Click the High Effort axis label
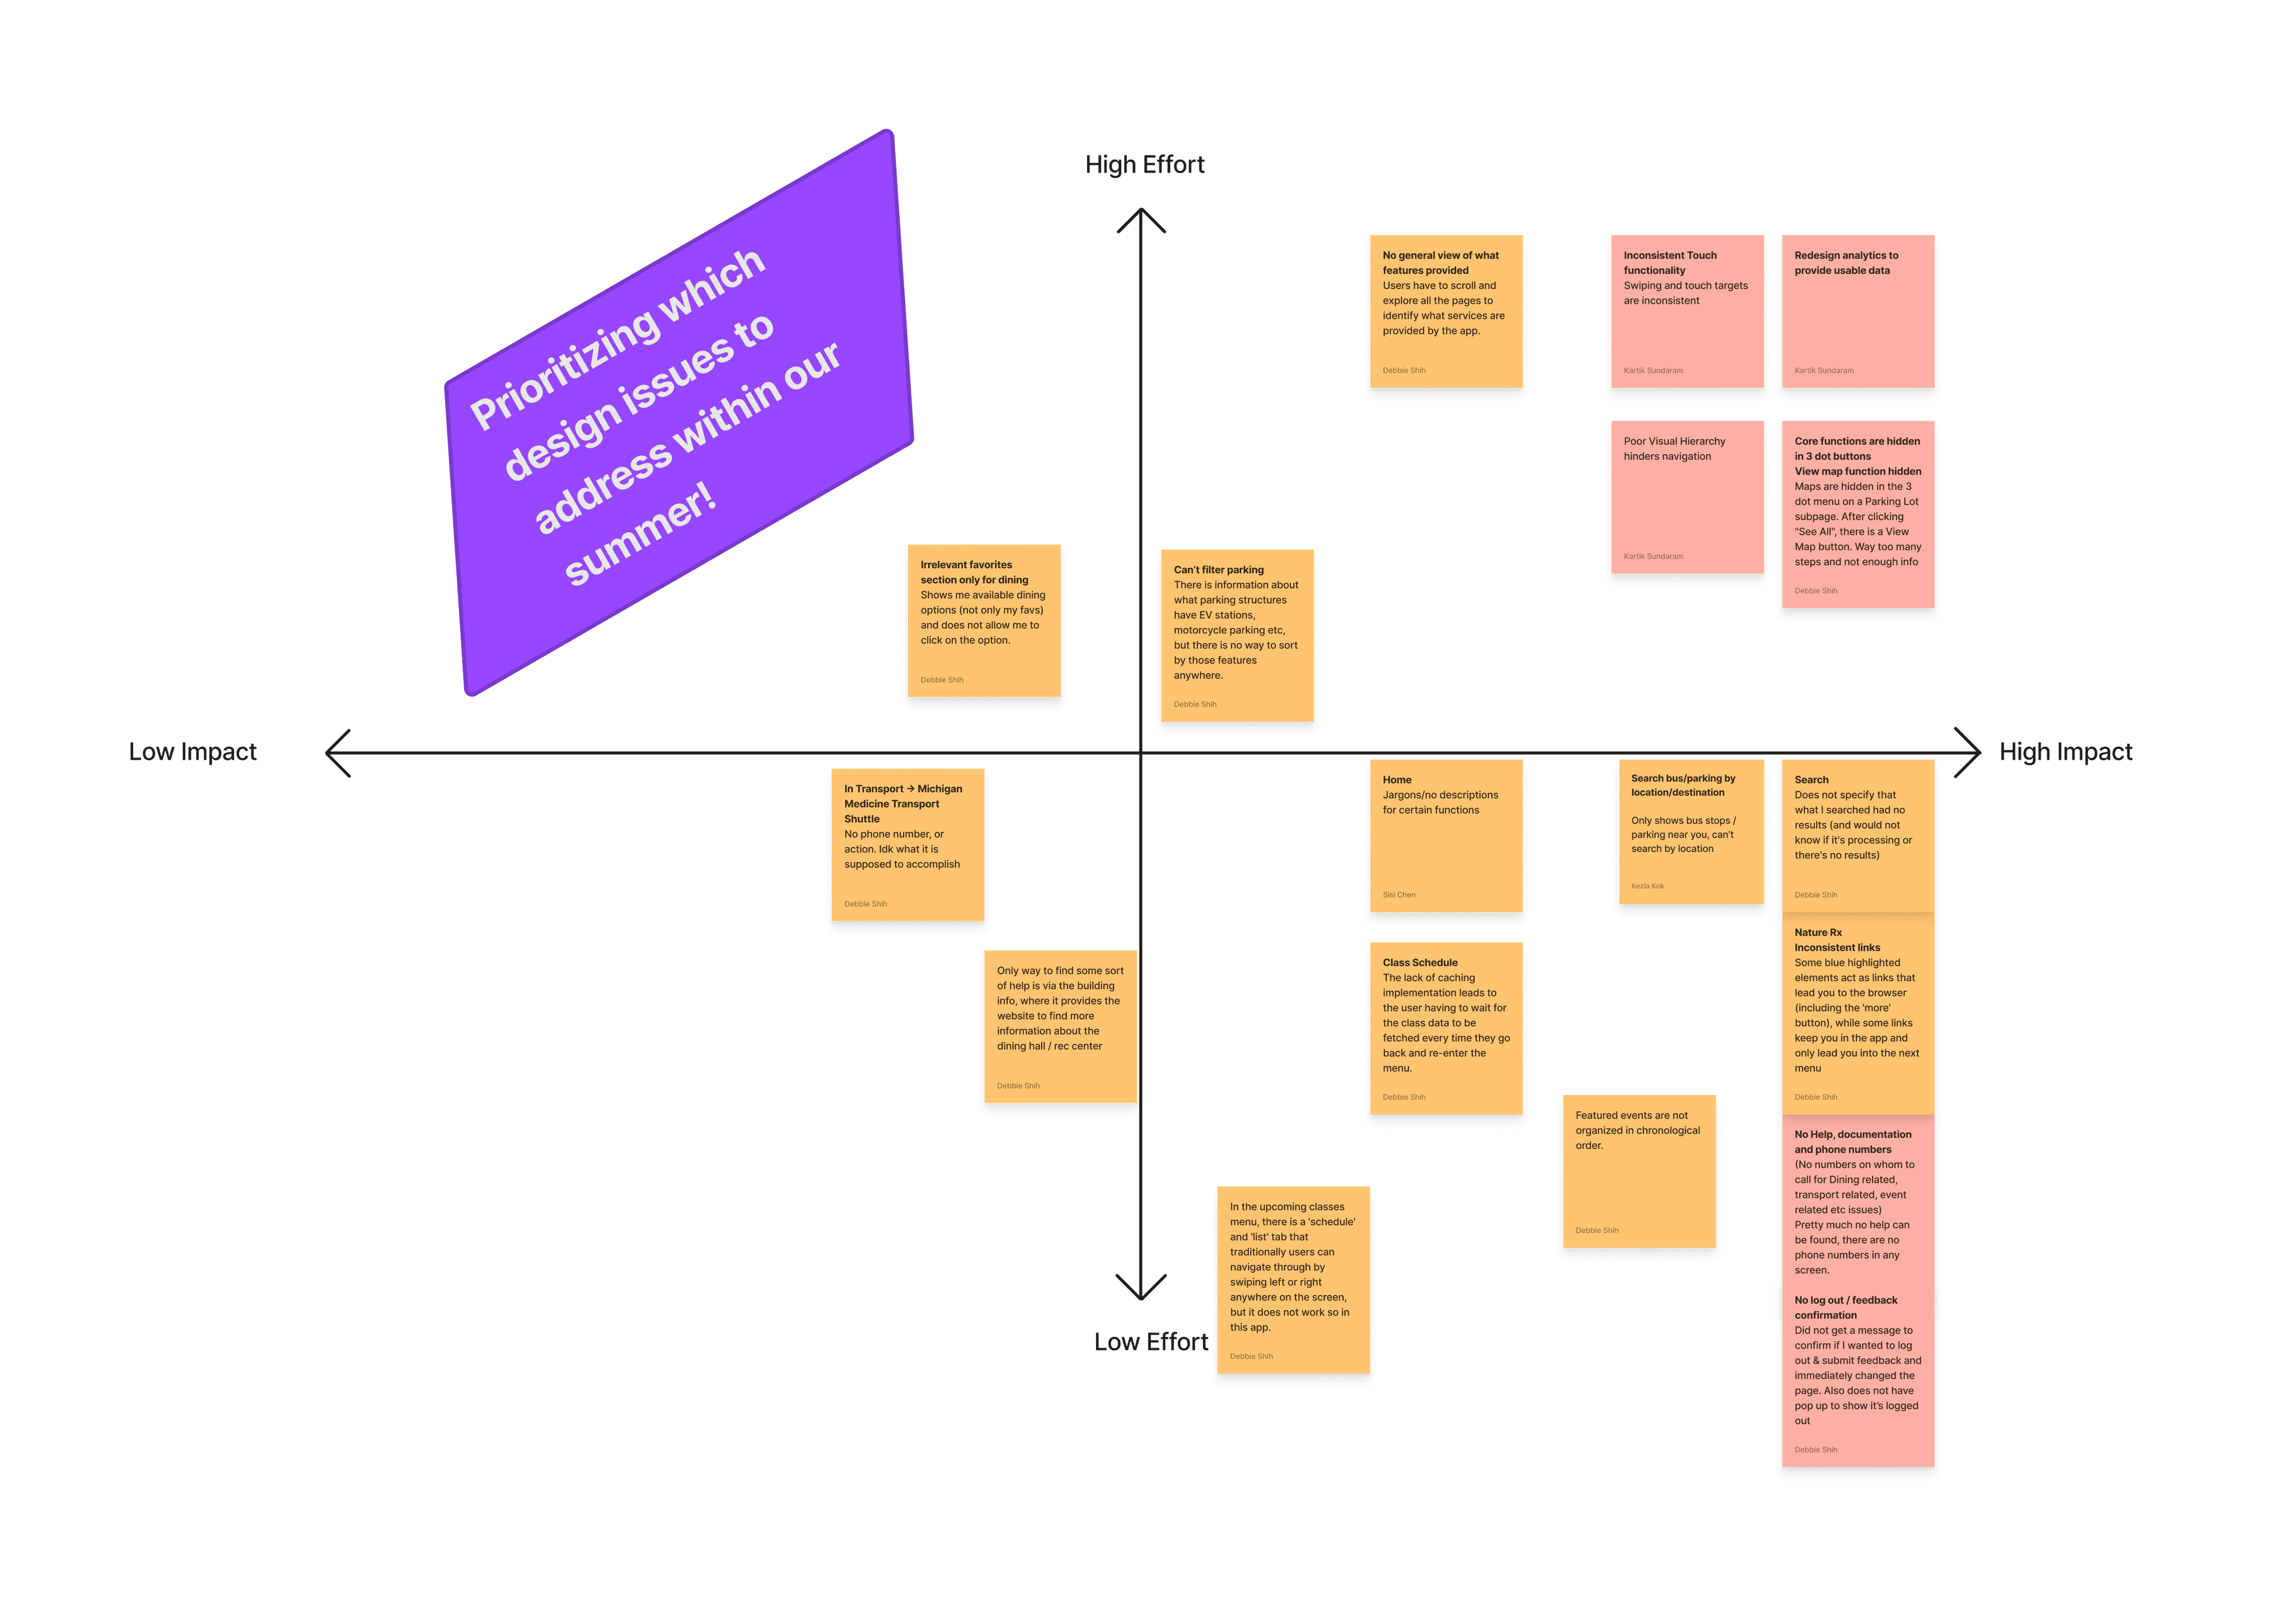[x=1144, y=165]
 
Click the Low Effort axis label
[x=1150, y=1341]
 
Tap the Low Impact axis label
[x=193, y=752]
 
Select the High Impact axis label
[x=2065, y=752]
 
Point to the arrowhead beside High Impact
[x=1967, y=752]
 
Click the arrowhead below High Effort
[x=1140, y=219]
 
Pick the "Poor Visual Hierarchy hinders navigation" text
[x=1674, y=448]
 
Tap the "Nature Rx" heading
[x=1818, y=933]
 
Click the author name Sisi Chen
[x=1398, y=895]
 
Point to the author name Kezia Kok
[x=1647, y=886]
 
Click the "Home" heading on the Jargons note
[x=1396, y=780]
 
